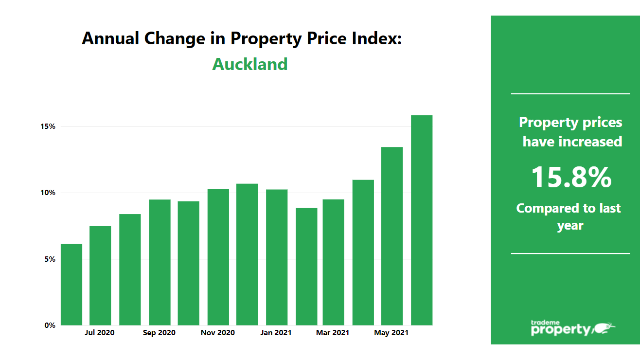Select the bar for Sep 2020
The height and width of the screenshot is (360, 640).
pyautogui.click(x=160, y=262)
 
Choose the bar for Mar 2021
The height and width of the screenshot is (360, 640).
pyautogui.click(x=333, y=262)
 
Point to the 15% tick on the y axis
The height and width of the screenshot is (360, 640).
pyautogui.click(x=48, y=126)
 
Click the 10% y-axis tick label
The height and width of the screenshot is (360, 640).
pyautogui.click(x=48, y=193)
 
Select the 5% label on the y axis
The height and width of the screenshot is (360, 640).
pyautogui.click(x=50, y=259)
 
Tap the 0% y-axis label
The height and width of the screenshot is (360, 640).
pyautogui.click(x=50, y=325)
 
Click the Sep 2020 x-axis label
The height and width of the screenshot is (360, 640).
pyautogui.click(x=159, y=333)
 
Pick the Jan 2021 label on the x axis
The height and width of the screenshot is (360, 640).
pyautogui.click(x=276, y=333)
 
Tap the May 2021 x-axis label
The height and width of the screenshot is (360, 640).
pyautogui.click(x=391, y=333)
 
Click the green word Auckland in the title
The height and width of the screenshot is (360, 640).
pyautogui.click(x=250, y=64)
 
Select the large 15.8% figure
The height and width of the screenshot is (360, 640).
pyautogui.click(x=570, y=177)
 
